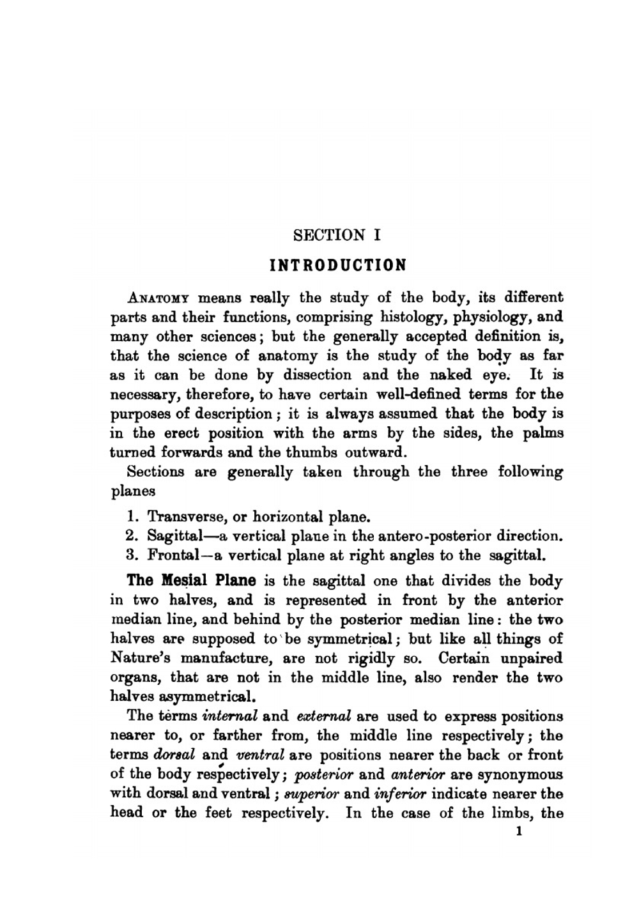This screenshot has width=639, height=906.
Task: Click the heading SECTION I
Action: (x=337, y=235)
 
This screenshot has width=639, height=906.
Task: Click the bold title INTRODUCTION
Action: (x=337, y=265)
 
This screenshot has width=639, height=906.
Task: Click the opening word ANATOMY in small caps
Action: (x=159, y=298)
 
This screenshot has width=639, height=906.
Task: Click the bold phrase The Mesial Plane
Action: (x=191, y=581)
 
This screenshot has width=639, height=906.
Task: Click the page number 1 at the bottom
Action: (x=520, y=833)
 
